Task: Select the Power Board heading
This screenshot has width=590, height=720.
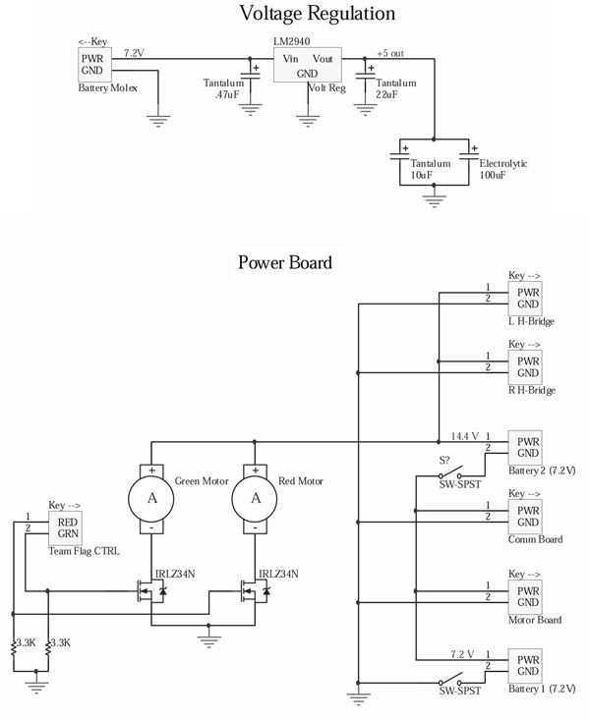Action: pos(284,262)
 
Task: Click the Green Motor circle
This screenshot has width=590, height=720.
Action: pos(152,498)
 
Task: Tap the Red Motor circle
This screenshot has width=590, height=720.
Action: pos(256,498)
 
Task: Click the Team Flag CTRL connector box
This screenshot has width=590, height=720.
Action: pos(67,528)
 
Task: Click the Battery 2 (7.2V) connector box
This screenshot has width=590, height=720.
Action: pos(528,446)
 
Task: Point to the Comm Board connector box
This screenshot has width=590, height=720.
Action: pos(528,516)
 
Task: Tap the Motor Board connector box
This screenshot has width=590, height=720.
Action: pos(528,597)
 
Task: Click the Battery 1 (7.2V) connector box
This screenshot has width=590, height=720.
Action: pos(528,666)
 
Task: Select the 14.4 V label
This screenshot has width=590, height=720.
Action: pos(464,435)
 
